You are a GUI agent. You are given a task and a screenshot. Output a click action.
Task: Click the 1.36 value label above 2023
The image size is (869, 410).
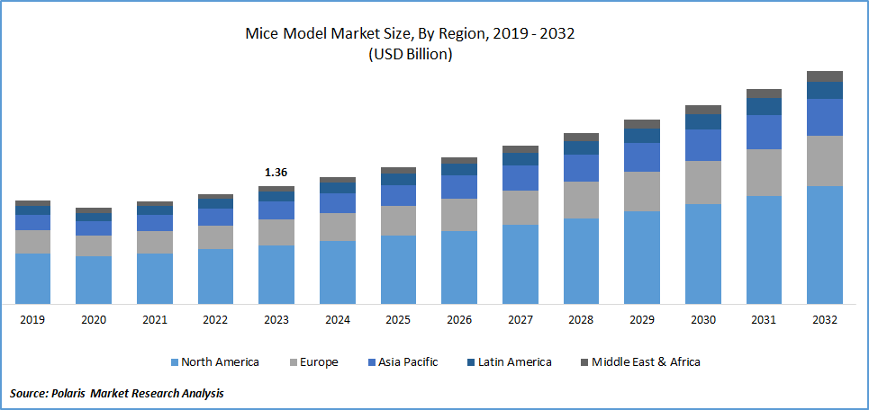pos(276,172)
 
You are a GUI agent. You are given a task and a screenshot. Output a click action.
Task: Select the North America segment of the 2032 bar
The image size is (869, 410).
pos(824,245)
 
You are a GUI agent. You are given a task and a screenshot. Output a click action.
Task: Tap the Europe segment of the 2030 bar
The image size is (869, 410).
pos(702,183)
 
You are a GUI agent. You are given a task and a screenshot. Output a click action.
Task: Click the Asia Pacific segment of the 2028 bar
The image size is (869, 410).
pos(581,168)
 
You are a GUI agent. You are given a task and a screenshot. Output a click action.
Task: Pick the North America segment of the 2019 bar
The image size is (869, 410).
pos(33,279)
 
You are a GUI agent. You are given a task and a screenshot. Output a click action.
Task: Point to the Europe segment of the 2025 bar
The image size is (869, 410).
pos(398,220)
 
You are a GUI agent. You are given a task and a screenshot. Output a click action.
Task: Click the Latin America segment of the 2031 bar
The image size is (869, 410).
pos(764,107)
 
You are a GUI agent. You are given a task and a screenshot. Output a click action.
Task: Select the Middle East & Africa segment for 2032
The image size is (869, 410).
pos(824,76)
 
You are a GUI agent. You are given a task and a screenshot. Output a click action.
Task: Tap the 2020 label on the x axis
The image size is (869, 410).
pos(94,320)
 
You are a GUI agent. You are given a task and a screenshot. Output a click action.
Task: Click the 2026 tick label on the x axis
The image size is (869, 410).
pos(459,320)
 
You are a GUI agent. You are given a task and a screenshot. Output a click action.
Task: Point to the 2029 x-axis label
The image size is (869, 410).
pos(641,320)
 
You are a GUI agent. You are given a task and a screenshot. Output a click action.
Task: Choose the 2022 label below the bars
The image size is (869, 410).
pos(215,320)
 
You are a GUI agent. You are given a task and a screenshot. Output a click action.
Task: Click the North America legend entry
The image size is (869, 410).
pos(220,362)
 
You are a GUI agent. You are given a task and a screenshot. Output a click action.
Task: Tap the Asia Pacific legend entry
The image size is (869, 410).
pos(407,362)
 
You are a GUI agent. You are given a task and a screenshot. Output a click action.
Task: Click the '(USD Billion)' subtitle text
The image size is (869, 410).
pos(410,54)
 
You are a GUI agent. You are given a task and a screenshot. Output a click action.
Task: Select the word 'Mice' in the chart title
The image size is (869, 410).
pos(262,34)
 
